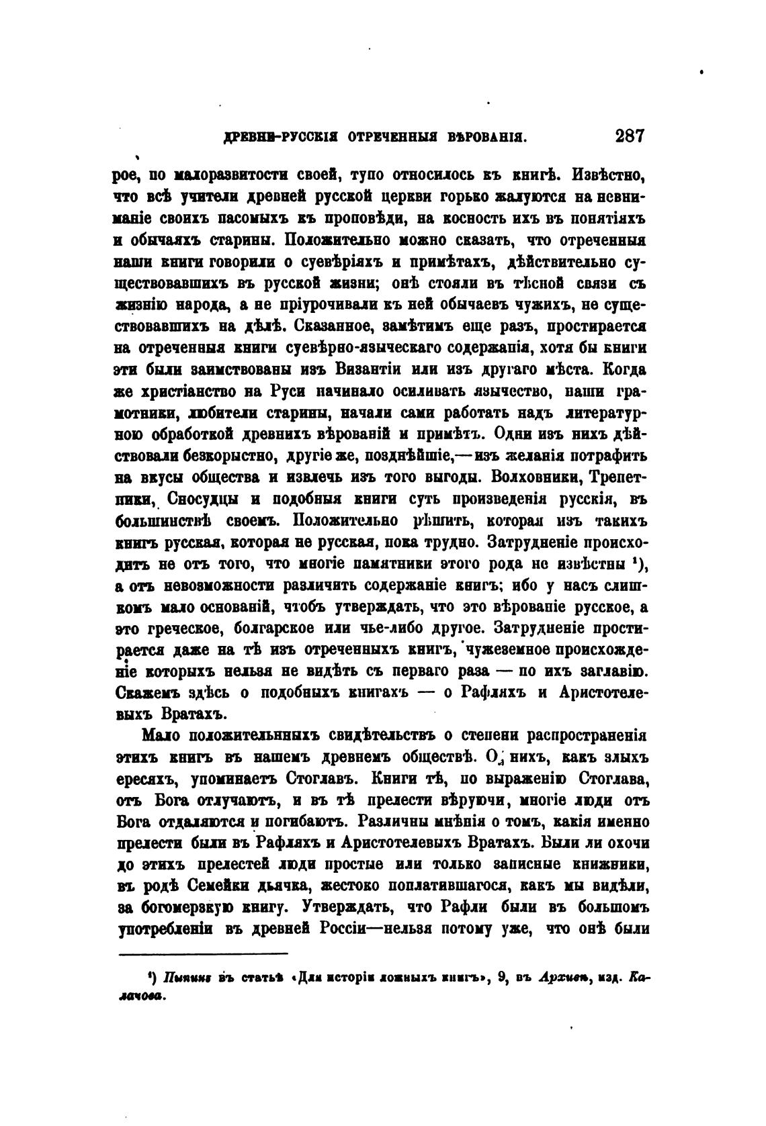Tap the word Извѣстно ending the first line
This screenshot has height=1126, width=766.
coord(609,176)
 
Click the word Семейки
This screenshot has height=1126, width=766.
coord(228,886)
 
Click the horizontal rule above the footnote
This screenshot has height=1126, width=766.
coord(203,953)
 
